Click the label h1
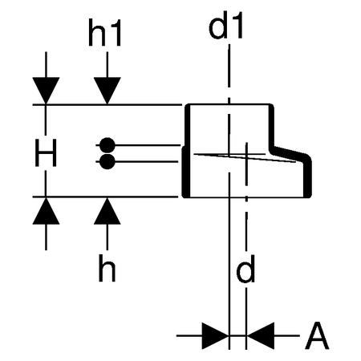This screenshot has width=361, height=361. [x=105, y=33]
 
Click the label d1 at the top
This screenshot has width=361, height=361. [x=225, y=25]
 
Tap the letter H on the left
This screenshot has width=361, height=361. [x=46, y=152]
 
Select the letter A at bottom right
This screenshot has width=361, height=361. [x=317, y=335]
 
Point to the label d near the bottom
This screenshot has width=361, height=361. [x=245, y=269]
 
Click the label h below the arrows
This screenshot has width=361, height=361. [x=107, y=268]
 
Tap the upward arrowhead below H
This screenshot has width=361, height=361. [x=46, y=211]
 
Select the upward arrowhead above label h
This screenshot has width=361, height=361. [x=107, y=211]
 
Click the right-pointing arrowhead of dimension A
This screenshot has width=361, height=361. [x=215, y=335]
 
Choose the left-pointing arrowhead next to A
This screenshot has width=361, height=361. [x=261, y=335]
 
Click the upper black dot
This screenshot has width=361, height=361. [x=107, y=145]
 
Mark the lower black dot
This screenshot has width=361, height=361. [x=107, y=161]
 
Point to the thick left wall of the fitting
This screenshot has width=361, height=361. [x=186, y=151]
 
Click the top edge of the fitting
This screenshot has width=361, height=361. [x=230, y=104]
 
